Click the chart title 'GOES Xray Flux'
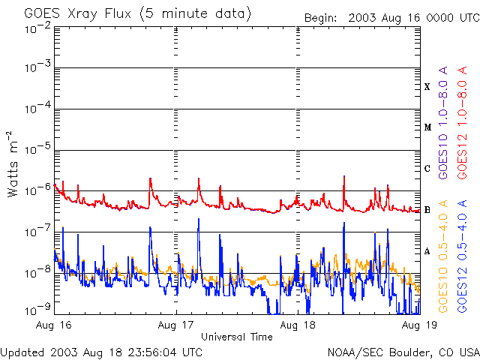click(78, 13)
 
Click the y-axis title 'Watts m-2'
click(12, 164)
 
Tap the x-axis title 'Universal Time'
click(237, 337)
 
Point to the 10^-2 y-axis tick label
click(38, 28)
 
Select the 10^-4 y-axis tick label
click(38, 108)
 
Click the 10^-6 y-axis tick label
click(38, 190)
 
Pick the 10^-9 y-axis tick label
click(38, 309)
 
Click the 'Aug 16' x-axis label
click(53, 325)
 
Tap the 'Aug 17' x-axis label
click(175, 325)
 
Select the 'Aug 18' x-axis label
click(298, 325)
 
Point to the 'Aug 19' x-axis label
click(419, 325)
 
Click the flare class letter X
click(427, 87)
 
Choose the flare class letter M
click(428, 127)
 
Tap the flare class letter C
click(427, 168)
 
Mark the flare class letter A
click(427, 251)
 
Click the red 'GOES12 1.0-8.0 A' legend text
click(462, 122)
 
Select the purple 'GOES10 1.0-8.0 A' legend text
click(443, 122)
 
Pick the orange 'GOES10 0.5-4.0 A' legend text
click(443, 256)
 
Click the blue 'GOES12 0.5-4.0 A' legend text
click(462, 256)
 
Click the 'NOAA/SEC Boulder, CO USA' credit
click(403, 352)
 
